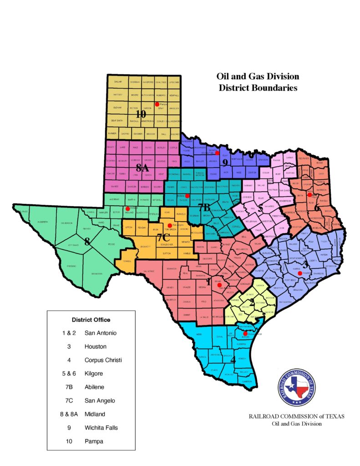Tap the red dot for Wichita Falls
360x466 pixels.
click(218, 153)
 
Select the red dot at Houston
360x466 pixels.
click(300, 274)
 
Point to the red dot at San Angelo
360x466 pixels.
click(170, 225)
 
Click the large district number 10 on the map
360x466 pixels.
click(141, 114)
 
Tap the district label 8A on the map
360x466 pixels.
click(142, 168)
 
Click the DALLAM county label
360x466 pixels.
click(118, 81)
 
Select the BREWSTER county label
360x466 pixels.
click(96, 274)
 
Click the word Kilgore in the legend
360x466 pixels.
click(95, 374)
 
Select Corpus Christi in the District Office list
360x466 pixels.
click(103, 360)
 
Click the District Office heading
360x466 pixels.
click(91, 319)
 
